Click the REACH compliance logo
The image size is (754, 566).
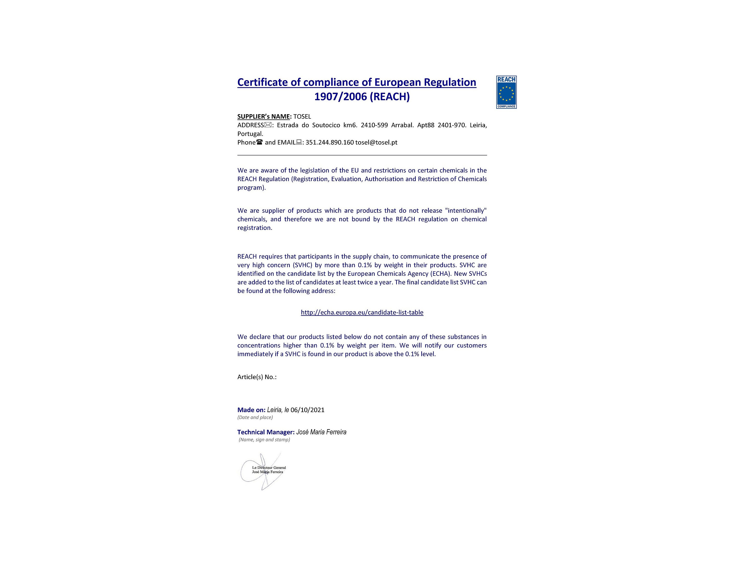click(x=506, y=92)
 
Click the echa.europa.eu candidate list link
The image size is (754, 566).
click(x=362, y=312)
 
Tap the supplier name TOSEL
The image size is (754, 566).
click(x=302, y=117)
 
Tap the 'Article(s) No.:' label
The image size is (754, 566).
click(x=257, y=377)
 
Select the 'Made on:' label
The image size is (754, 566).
click(x=251, y=410)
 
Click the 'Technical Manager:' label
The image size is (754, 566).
click(x=266, y=432)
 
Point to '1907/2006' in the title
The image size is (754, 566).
click(x=340, y=97)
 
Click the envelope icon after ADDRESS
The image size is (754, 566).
click(x=268, y=125)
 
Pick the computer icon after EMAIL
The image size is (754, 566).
click(x=299, y=142)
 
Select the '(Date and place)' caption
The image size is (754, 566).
click(x=255, y=417)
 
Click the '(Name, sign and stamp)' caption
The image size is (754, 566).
click(x=264, y=440)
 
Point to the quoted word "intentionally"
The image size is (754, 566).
click(x=466, y=211)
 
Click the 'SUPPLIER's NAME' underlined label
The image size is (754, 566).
click(x=263, y=117)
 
